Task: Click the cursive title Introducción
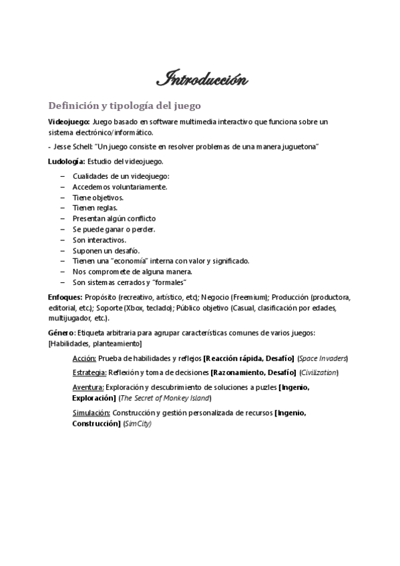tap(202, 81)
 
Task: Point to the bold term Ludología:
tap(67, 162)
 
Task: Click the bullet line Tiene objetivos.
tap(97, 198)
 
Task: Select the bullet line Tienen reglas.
tap(95, 208)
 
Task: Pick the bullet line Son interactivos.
tap(99, 239)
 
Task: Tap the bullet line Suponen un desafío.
tap(102, 250)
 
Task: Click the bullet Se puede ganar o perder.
tap(114, 229)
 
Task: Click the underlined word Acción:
tap(84, 358)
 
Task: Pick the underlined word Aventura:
tap(87, 387)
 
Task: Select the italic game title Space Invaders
tap(323, 358)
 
